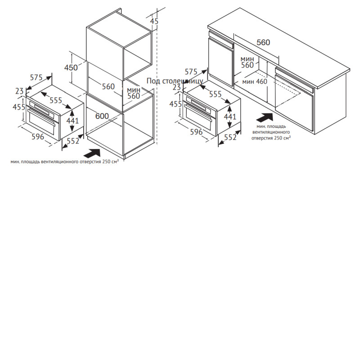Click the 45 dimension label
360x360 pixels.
pos(154,21)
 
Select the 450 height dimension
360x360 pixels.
pos(71,67)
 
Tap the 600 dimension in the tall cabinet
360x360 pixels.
pos(102,116)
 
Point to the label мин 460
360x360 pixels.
pos(255,81)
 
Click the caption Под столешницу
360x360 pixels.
pos(175,81)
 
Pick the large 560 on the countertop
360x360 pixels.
pos(263,42)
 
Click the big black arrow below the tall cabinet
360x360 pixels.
pos(93,153)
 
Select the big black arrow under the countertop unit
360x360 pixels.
pos(265,117)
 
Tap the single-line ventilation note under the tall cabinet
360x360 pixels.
pos(64,162)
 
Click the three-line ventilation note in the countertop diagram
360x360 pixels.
pos(271,132)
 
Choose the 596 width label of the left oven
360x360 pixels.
pos(38,137)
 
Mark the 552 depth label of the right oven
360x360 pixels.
pos(230,137)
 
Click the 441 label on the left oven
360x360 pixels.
pos(72,121)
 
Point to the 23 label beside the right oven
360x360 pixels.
pos(176,87)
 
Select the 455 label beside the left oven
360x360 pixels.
pos(19,107)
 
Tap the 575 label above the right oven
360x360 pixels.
pos(191,72)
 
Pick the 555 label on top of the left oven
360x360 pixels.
pos(56,100)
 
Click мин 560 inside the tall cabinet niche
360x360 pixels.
pos(134,93)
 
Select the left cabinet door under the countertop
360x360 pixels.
pos(221,62)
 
